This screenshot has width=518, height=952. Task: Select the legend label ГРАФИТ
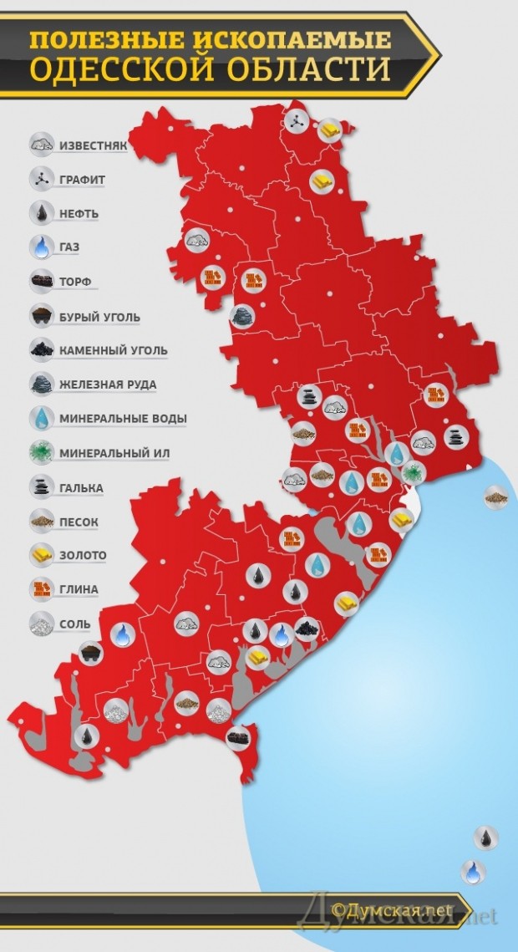pos(82,179)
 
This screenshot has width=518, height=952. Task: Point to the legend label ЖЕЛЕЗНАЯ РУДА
pos(108,384)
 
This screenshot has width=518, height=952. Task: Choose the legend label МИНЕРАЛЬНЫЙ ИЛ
pos(114,453)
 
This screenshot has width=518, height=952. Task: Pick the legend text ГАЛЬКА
pos(81,487)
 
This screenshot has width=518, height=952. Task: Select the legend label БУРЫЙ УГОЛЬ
pos(99,317)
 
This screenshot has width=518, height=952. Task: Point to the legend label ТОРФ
pos(76,283)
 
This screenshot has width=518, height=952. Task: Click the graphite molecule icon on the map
pos(295,122)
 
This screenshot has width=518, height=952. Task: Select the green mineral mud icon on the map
pos(412,473)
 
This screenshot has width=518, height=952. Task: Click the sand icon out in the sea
pos(498,498)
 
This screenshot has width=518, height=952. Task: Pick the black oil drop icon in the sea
pos(485,837)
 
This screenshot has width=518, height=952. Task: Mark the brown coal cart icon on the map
pos(89,654)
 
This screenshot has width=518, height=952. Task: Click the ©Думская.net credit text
pos(390,909)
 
